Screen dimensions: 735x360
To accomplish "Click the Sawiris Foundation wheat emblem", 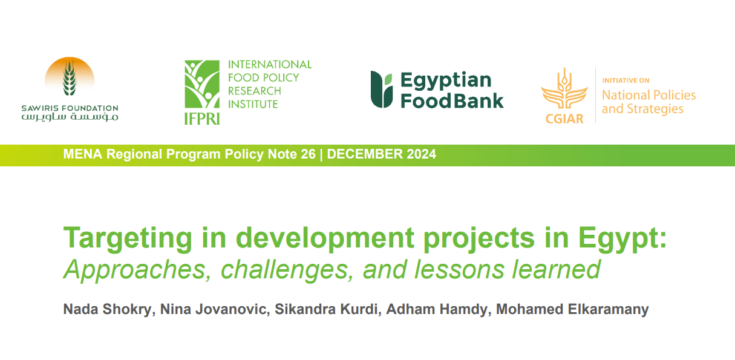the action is pos(70,76).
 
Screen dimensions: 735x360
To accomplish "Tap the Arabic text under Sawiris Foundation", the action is pos(70,117).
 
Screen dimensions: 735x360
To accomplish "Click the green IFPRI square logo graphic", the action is pos(202,84).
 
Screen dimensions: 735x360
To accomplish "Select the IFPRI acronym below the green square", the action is pos(202,119).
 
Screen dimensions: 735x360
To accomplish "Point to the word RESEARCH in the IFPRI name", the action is pos(255,91).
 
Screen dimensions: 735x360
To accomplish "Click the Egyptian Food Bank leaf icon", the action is pos(382,90).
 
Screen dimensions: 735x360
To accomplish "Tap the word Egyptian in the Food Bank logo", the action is pos(446,80).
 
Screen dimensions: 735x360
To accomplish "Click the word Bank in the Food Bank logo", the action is pos(479,101).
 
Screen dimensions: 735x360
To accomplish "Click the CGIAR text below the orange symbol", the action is pos(564,119).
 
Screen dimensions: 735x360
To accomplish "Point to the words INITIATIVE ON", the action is pos(626,80).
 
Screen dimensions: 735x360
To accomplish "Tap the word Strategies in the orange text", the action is pos(655,109).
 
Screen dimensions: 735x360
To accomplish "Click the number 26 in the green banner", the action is pos(308,154).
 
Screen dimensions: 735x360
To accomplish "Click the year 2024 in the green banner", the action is pos(422,154).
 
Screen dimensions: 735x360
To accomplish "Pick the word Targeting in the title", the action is pos(128,239).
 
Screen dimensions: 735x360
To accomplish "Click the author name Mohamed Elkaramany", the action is pos(572,309).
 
